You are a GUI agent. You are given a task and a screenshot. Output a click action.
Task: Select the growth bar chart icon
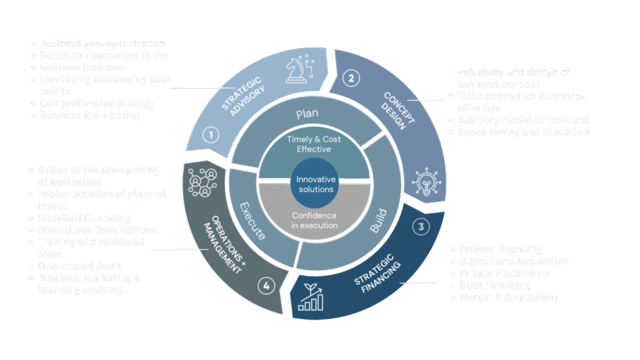tap(311, 297)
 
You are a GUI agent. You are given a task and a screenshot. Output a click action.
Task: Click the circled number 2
tap(351, 78)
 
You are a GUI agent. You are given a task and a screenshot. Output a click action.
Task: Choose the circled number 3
tap(421, 227)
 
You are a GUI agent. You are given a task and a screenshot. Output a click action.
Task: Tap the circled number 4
tap(266, 286)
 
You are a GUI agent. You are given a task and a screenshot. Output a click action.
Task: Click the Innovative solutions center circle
tap(316, 184)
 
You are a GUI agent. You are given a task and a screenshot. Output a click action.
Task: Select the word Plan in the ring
tap(307, 114)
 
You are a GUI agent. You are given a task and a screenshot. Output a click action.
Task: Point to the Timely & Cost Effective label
tap(314, 144)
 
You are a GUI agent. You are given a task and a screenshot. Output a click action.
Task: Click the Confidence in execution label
tap(315, 220)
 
